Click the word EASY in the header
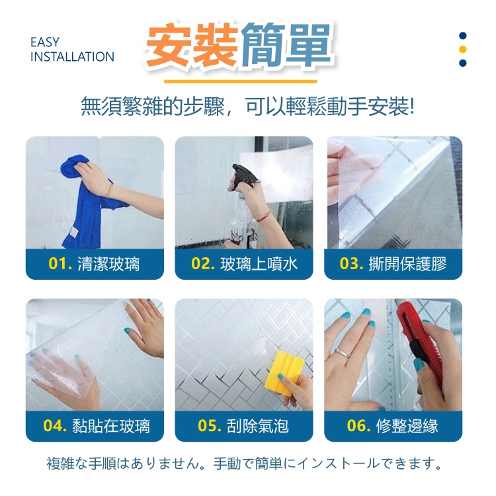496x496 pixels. tap(45, 42)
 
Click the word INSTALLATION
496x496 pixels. tap(73, 57)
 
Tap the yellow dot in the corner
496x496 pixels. tap(462, 49)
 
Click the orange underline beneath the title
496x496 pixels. tap(241, 81)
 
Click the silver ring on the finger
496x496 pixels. tap(343, 352)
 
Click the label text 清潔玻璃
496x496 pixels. tap(108, 264)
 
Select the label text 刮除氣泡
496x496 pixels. tap(258, 426)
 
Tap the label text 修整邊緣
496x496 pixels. tap(407, 426)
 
